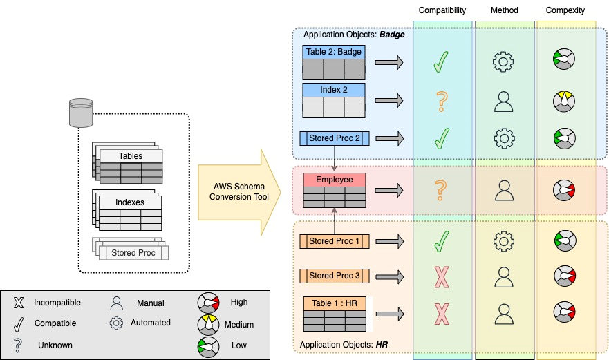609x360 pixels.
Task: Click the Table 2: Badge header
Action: (334, 52)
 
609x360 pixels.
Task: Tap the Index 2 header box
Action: (334, 91)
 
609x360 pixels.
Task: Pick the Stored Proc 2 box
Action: (335, 138)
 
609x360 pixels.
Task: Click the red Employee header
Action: (335, 180)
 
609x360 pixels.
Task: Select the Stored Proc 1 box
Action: (335, 241)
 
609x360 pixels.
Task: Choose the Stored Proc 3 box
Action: (335, 276)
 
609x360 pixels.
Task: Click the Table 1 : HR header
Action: (335, 303)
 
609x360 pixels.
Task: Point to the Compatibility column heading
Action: (442, 10)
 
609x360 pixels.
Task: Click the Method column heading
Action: (504, 10)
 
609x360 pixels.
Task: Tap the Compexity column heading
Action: (565, 10)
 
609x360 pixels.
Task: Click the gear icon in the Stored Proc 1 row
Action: (504, 241)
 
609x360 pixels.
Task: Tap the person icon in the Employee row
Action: (504, 190)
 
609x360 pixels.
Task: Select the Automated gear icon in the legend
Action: (117, 323)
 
